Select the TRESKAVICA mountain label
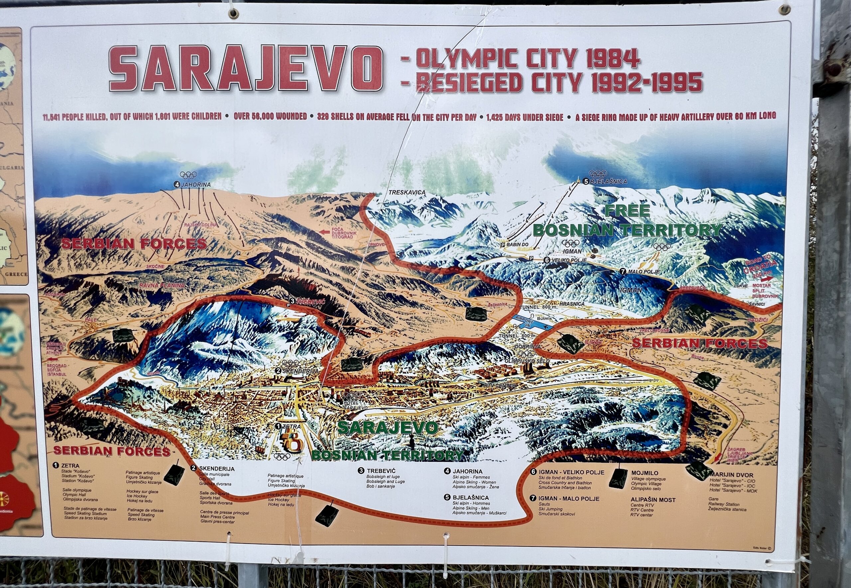click(407, 192)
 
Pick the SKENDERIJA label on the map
click(300, 371)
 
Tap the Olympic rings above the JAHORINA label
click(188, 175)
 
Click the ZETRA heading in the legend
click(70, 466)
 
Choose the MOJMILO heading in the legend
click(645, 473)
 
